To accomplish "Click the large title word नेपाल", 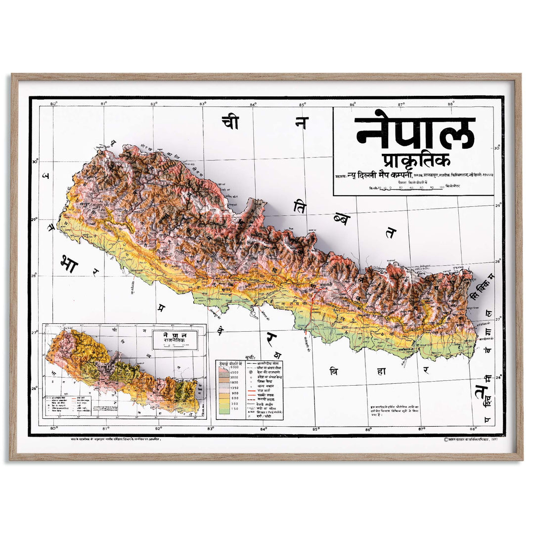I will click(x=414, y=133).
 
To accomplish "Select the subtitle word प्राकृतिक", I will click(x=414, y=161).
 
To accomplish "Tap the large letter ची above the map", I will click(x=230, y=122).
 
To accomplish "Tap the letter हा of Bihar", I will click(x=380, y=371).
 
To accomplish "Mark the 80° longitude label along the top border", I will click(x=54, y=104).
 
